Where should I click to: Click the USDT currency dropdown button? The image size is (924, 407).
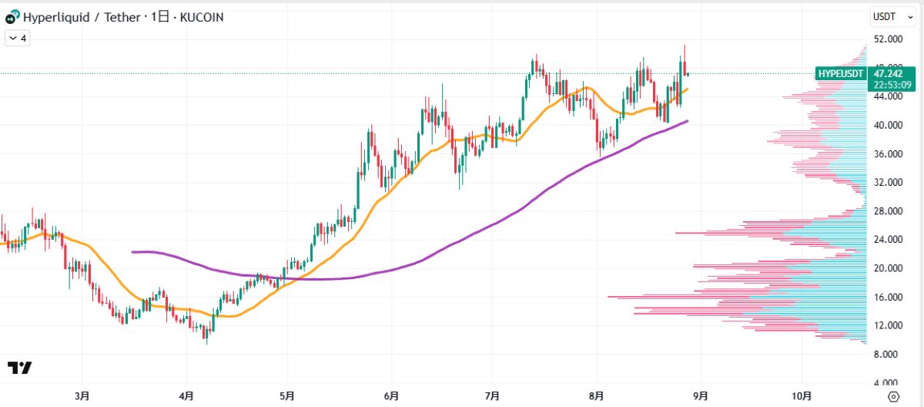[x=886, y=16]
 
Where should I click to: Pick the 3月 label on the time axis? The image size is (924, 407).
[x=82, y=396]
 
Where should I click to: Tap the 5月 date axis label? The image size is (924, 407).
[x=287, y=396]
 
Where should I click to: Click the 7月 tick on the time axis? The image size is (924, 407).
[x=493, y=396]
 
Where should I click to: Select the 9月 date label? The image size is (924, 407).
[x=699, y=396]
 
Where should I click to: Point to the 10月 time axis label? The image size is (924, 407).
[x=802, y=396]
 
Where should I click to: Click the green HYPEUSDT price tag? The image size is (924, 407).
[x=840, y=73]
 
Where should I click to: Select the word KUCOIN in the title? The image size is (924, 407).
[x=202, y=17]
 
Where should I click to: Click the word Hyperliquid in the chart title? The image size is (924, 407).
[x=55, y=17]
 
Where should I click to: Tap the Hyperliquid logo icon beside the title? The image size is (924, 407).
[x=12, y=17]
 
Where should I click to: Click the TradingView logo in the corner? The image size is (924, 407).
[x=20, y=368]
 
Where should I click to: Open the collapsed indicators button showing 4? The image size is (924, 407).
[x=18, y=38]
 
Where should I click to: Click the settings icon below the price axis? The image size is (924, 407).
[x=893, y=396]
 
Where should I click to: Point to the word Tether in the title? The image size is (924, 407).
[x=119, y=17]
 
